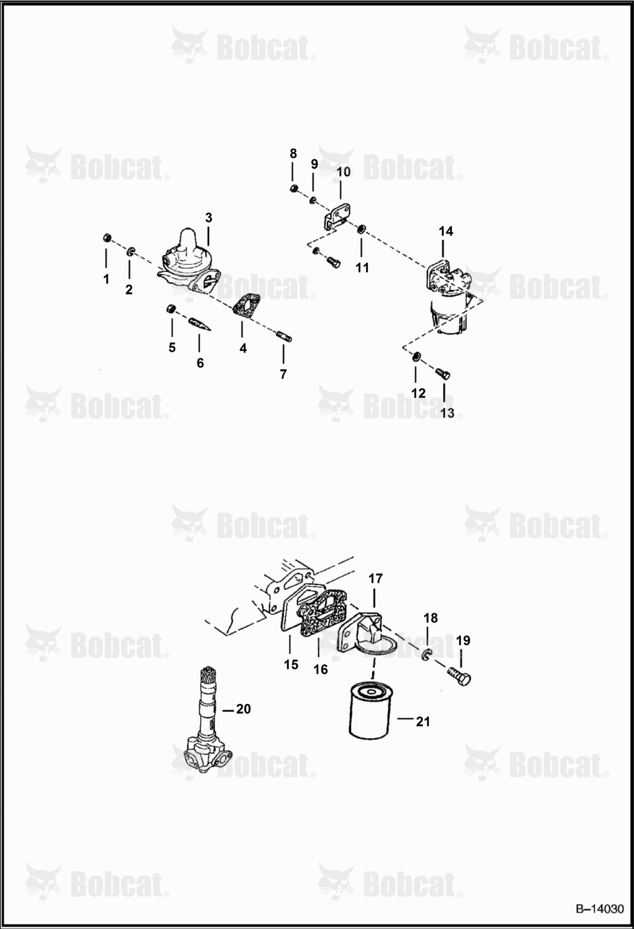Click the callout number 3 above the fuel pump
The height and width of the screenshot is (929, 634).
tap(209, 217)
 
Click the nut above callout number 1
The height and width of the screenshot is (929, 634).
tap(106, 238)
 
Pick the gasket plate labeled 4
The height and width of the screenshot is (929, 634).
tap(247, 306)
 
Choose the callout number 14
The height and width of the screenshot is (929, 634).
tap(445, 231)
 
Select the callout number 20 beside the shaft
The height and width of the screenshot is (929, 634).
tap(243, 709)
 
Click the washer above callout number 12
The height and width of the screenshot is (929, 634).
tap(417, 357)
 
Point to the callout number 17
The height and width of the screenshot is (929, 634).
tap(375, 579)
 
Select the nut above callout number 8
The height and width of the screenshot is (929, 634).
tap(293, 188)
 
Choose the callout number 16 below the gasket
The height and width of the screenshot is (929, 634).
tap(320, 669)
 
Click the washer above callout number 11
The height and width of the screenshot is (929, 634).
tap(360, 229)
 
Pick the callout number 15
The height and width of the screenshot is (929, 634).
tap(291, 665)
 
